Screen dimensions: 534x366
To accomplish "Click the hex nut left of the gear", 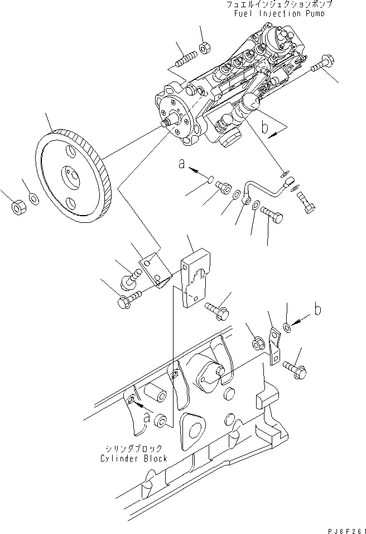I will point(17,208).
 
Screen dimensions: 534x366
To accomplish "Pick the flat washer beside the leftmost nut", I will point(33,199).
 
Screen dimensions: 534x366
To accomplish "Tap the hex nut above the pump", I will point(204,46).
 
